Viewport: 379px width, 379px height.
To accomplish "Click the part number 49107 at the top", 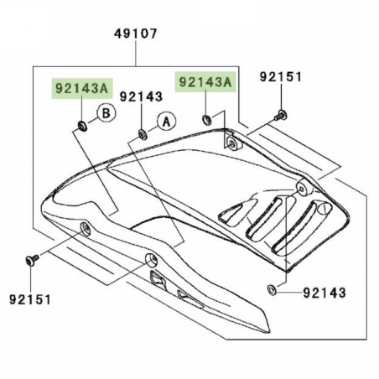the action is (136, 34).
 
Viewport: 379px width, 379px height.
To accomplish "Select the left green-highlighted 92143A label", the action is (81, 88).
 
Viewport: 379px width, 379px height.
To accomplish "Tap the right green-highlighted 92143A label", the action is (205, 81).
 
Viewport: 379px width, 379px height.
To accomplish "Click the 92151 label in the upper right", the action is (281, 76).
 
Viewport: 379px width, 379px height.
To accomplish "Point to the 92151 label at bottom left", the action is (30, 299).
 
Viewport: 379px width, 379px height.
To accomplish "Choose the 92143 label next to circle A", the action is (141, 96).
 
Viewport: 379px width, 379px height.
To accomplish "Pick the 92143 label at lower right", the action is (324, 293).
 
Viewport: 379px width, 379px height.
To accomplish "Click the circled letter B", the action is (106, 113).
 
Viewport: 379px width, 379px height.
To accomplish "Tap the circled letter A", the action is (167, 122).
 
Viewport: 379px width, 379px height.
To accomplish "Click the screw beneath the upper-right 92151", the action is (281, 116).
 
